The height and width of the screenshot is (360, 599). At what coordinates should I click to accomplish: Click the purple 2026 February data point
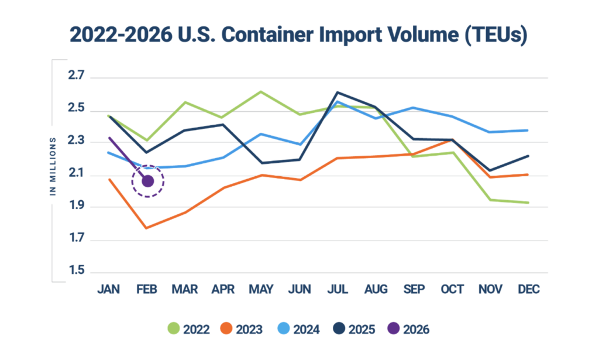pyautogui.click(x=147, y=181)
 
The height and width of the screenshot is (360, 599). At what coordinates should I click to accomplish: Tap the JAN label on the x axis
pyautogui.click(x=109, y=290)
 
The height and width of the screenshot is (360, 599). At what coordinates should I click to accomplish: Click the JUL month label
pyautogui.click(x=338, y=290)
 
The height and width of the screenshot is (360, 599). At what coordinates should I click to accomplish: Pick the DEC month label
pyautogui.click(x=529, y=290)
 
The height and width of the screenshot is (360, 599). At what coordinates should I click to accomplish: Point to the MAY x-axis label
pyautogui.click(x=261, y=290)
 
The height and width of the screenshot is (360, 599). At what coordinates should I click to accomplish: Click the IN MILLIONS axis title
pyautogui.click(x=53, y=167)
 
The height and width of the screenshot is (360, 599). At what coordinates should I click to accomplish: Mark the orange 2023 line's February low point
pyautogui.click(x=147, y=228)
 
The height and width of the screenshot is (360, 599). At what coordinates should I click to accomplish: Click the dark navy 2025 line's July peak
pyautogui.click(x=338, y=92)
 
